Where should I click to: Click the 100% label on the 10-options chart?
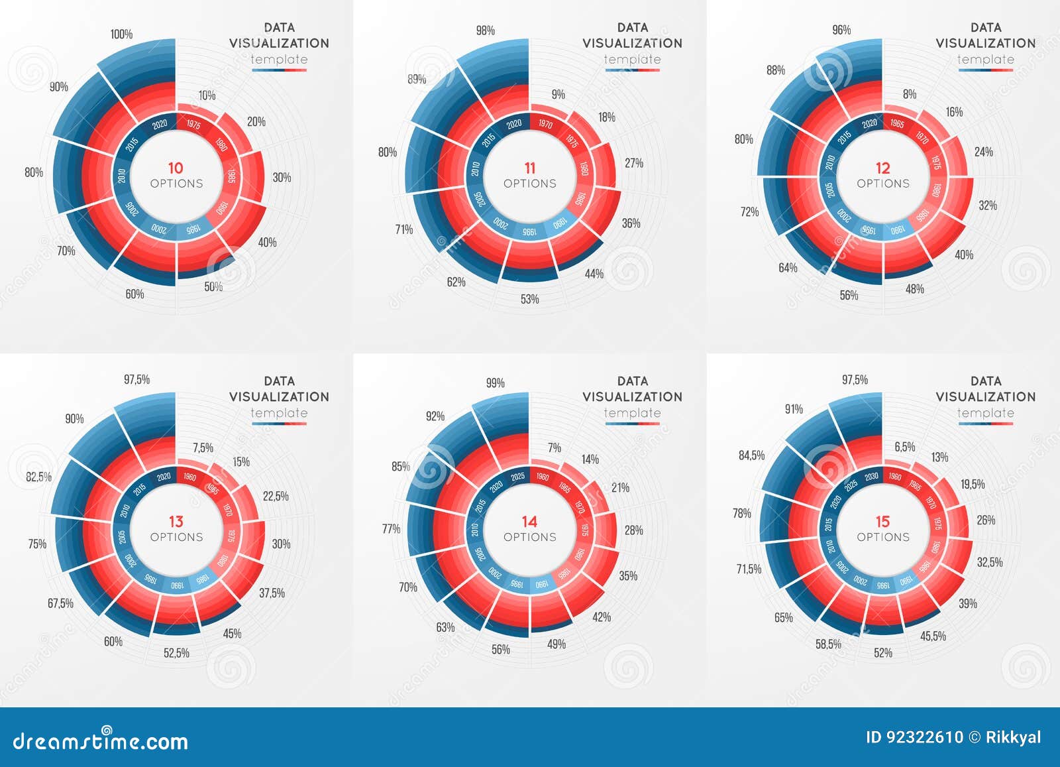121,34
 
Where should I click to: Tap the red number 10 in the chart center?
176,168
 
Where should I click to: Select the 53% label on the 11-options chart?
529,299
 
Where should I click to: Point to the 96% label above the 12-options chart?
841,30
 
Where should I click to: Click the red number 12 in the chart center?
882,168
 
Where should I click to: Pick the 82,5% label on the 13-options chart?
38,477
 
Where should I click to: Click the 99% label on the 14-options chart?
495,383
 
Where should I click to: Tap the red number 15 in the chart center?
882,521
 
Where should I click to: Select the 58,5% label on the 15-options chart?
828,644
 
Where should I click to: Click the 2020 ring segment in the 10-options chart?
160,125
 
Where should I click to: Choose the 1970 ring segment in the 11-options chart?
545,124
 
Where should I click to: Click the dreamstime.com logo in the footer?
99,740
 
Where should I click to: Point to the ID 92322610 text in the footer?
914,737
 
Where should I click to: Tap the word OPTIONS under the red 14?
529,537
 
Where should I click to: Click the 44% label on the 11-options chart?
594,274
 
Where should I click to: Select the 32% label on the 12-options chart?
987,206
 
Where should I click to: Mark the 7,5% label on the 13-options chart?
203,447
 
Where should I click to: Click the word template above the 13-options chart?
279,413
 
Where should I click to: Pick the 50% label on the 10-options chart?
213,287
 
